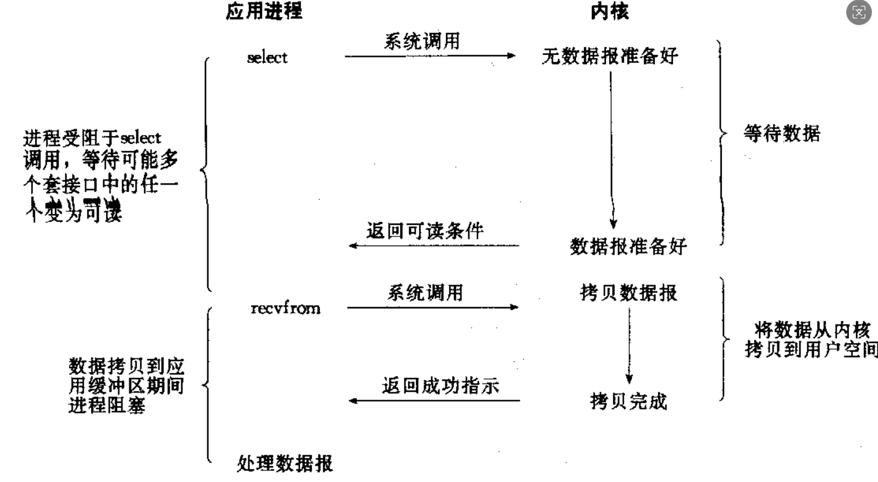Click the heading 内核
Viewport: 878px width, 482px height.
click(610, 11)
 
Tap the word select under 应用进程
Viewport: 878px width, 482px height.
click(267, 58)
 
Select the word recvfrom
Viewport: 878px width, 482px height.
click(285, 308)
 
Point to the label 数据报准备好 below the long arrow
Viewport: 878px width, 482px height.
click(628, 246)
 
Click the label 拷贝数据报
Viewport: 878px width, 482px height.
click(628, 293)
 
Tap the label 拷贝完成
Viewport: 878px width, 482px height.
click(628, 402)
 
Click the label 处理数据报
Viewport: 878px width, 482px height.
click(284, 464)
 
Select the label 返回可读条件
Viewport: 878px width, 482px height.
click(425, 232)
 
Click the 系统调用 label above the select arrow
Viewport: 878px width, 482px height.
click(422, 42)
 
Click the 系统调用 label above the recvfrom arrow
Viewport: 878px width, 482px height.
click(425, 293)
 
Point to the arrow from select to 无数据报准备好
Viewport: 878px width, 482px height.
click(430, 56)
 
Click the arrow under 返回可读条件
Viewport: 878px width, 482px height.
click(433, 246)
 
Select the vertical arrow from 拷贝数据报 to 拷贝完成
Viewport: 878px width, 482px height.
click(629, 344)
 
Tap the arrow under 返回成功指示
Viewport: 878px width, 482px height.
click(433, 401)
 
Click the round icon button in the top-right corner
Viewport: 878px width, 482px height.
click(860, 13)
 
